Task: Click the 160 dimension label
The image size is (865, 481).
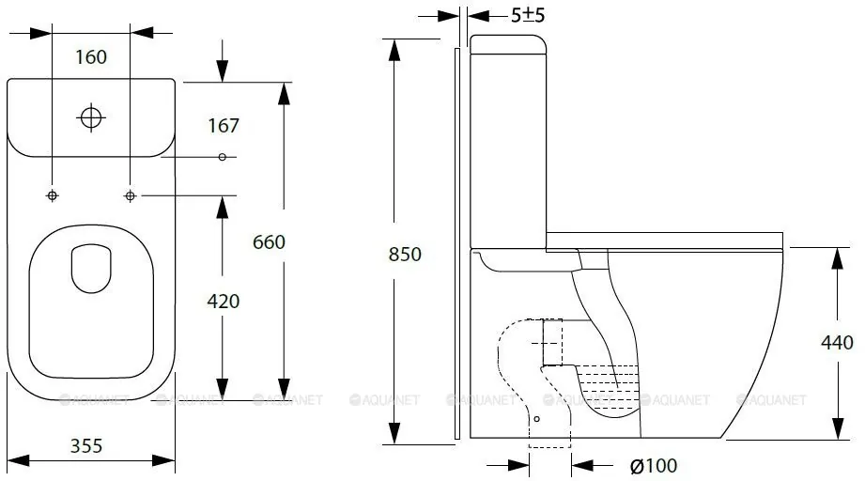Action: click(x=91, y=56)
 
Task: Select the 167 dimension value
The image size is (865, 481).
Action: click(x=224, y=126)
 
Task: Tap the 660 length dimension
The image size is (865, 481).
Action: click(x=269, y=241)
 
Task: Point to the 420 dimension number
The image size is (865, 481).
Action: click(x=224, y=302)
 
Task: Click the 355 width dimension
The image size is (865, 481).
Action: click(x=86, y=445)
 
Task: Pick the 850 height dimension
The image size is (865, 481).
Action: click(x=405, y=255)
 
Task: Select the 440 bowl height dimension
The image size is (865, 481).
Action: click(x=837, y=343)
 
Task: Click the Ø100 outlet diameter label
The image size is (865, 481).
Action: click(x=654, y=466)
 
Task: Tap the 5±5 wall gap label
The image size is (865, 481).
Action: click(x=528, y=15)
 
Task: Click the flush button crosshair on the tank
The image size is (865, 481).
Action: click(x=91, y=117)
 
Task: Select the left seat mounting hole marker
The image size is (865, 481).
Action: click(x=53, y=195)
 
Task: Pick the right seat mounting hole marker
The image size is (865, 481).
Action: click(x=131, y=195)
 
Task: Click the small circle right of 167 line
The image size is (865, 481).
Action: click(x=223, y=157)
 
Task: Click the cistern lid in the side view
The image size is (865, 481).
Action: click(x=507, y=44)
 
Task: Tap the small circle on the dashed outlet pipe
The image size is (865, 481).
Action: click(x=537, y=419)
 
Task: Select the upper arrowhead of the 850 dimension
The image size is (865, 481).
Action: click(x=394, y=50)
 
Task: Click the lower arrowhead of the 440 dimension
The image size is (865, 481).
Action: click(x=838, y=429)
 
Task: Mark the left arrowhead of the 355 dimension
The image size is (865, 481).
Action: click(x=18, y=460)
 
